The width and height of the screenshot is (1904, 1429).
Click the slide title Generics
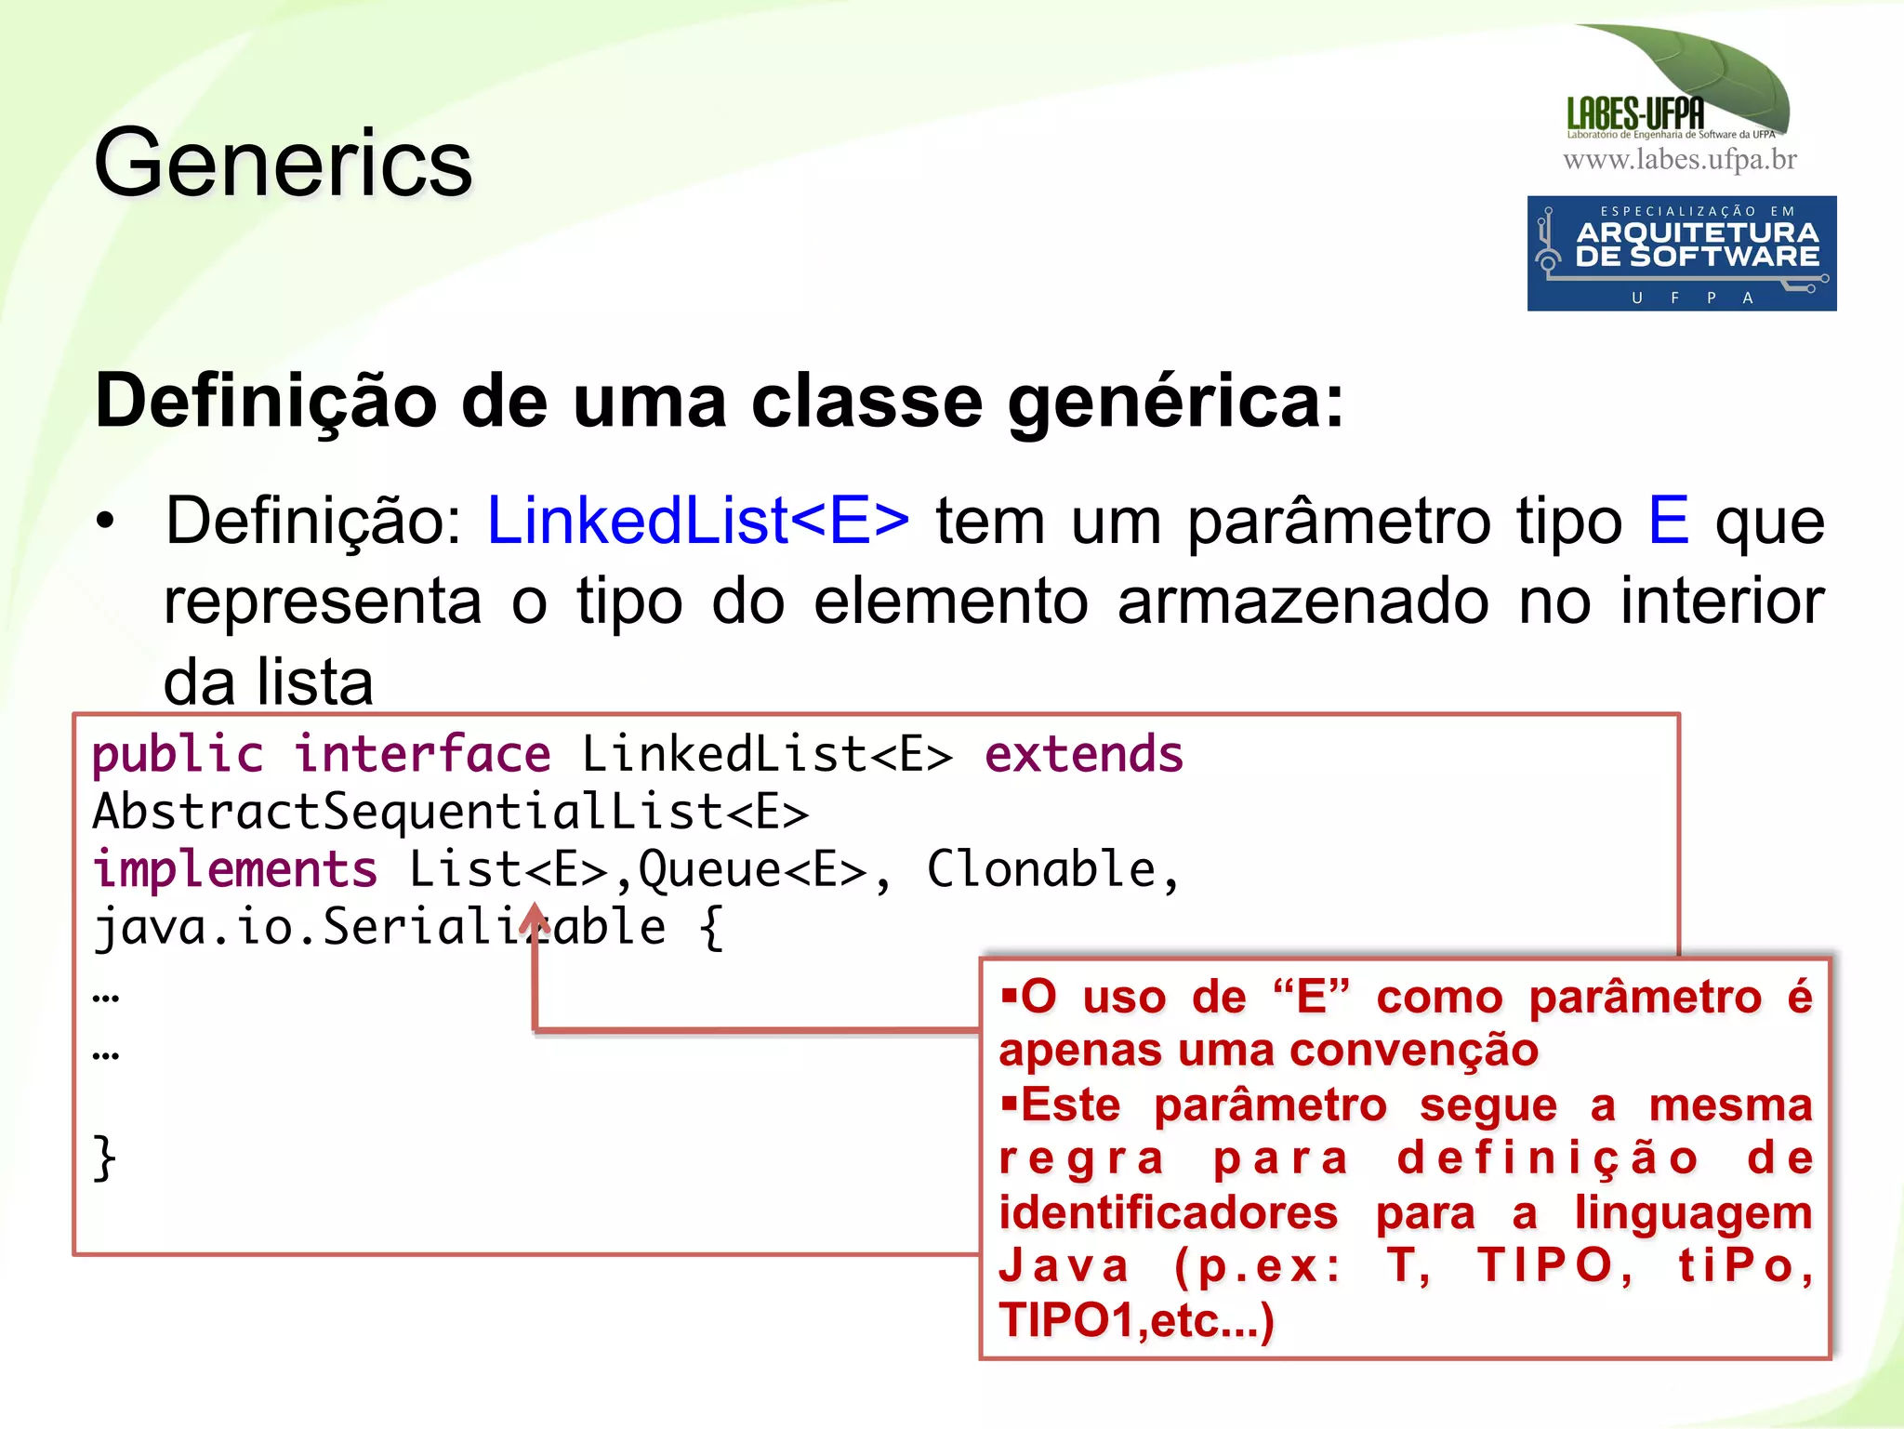[x=283, y=164]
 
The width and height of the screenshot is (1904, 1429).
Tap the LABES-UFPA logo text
[x=1635, y=114]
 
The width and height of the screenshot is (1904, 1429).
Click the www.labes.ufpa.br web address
[x=1679, y=160]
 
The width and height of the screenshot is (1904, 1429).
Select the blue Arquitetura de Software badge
[x=1681, y=253]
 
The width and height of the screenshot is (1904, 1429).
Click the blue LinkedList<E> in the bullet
[x=697, y=521]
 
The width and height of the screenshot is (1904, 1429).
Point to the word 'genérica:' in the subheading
[x=1175, y=402]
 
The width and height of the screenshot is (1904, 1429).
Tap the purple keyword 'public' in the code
[x=178, y=754]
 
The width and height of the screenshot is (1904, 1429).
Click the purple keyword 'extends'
[x=1084, y=754]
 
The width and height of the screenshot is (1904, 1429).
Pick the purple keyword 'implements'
[x=235, y=870]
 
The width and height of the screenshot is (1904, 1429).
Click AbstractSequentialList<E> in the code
[x=451, y=812]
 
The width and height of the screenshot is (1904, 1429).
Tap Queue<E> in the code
[x=752, y=870]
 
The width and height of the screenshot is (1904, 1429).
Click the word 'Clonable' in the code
[x=1041, y=870]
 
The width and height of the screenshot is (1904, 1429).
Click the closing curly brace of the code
[x=105, y=1158]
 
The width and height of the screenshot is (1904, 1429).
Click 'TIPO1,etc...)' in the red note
[x=1136, y=1320]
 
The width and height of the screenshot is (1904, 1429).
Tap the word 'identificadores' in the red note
[x=1169, y=1212]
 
